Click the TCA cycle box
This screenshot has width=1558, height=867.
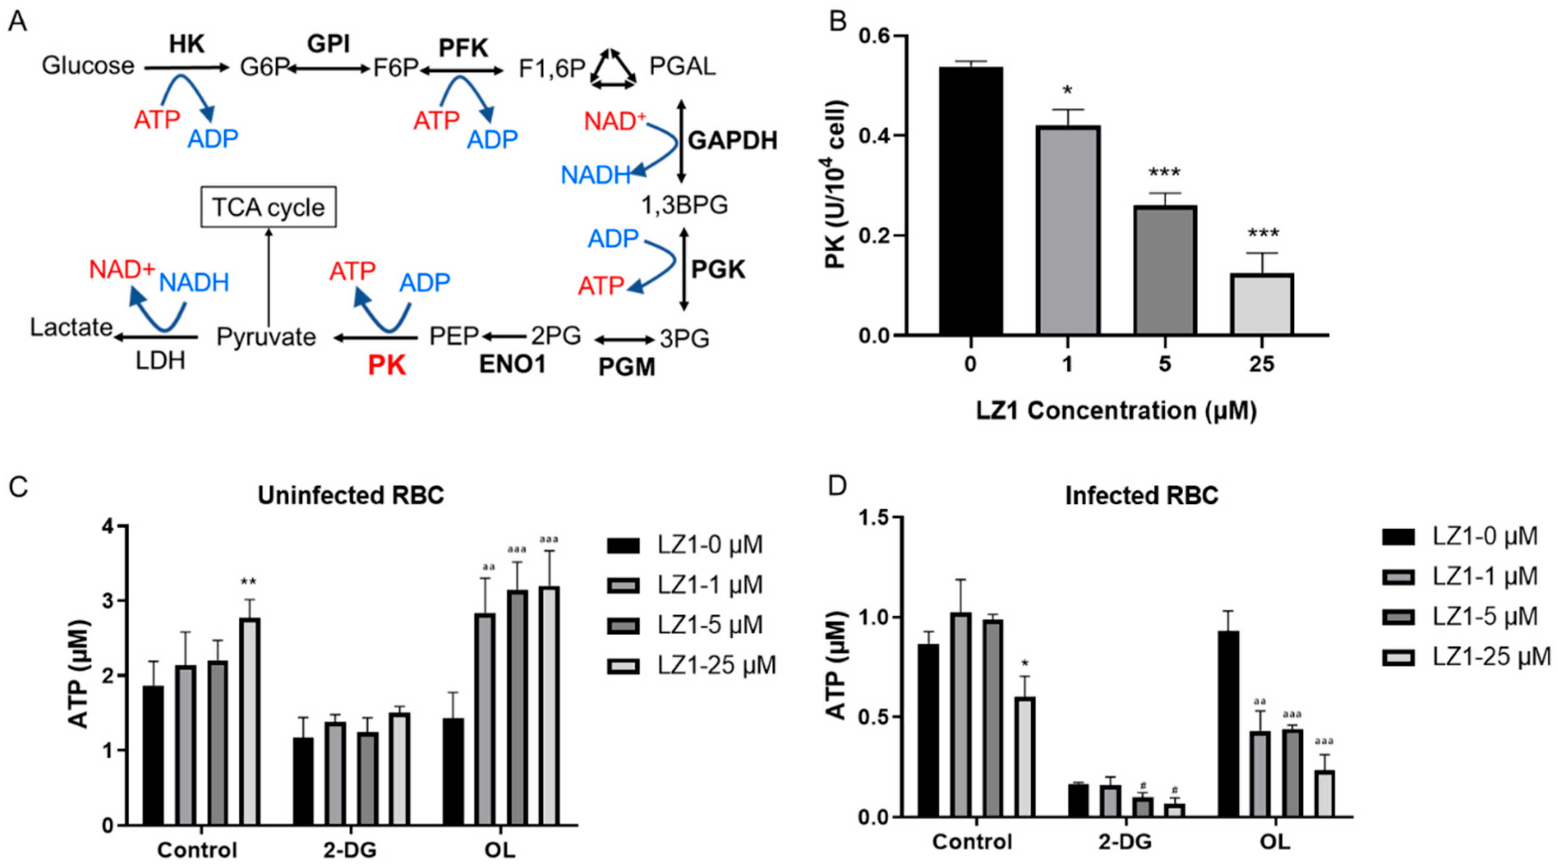tap(268, 207)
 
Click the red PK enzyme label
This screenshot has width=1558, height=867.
tap(387, 366)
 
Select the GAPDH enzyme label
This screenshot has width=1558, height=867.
tap(733, 140)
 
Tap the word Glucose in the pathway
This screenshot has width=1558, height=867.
tap(88, 65)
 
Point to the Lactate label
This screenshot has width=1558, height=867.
tap(71, 327)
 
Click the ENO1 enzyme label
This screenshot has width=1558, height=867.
tap(512, 364)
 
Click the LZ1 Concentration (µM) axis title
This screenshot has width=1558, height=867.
tap(1116, 410)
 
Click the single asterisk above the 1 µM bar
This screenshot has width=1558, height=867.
tap(1067, 91)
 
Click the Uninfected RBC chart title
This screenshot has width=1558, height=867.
tap(351, 495)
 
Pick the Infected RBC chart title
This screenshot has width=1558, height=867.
tap(1141, 495)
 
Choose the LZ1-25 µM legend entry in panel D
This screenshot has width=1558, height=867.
tap(1490, 656)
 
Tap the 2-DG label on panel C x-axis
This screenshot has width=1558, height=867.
tap(349, 850)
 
